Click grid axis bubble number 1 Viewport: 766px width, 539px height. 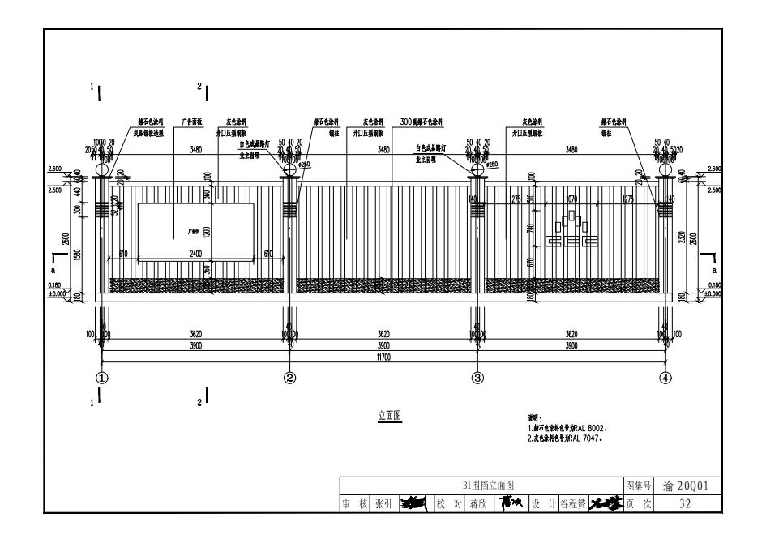click(x=103, y=377)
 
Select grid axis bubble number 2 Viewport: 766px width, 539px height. click(x=290, y=377)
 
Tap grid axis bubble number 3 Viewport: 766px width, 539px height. click(x=477, y=377)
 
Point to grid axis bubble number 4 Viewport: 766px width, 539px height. click(x=665, y=377)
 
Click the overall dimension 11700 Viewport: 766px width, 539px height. click(x=383, y=355)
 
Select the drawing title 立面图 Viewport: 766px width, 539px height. click(x=389, y=416)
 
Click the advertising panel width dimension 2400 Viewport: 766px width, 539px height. click(x=195, y=255)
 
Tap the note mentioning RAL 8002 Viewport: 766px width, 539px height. click(x=567, y=427)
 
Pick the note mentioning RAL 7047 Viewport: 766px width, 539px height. click(x=567, y=437)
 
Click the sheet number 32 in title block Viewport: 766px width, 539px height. click(x=684, y=504)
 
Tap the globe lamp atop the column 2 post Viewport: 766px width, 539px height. click(x=290, y=169)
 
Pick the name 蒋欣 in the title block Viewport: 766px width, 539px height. click(x=478, y=504)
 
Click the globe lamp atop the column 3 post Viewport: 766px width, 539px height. click(x=477, y=169)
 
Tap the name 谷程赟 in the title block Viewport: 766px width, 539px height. click(x=574, y=504)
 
